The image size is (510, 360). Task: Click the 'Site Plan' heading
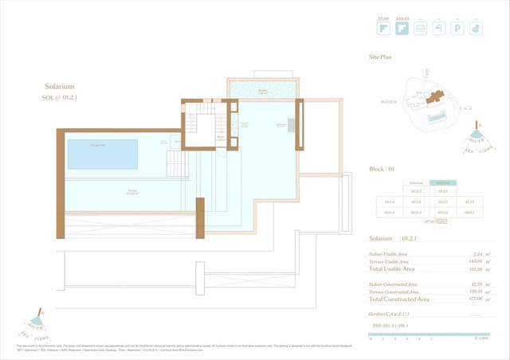(x=380, y=58)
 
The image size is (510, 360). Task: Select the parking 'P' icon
(x=458, y=29)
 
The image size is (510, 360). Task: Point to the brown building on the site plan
(x=434, y=98)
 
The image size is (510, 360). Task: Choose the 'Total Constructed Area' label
(x=399, y=299)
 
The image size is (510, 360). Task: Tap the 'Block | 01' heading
(x=382, y=170)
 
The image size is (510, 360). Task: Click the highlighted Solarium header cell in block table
(x=442, y=182)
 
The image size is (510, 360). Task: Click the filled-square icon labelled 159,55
(x=402, y=29)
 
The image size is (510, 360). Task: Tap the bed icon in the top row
(x=421, y=29)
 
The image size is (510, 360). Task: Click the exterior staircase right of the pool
(x=177, y=165)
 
